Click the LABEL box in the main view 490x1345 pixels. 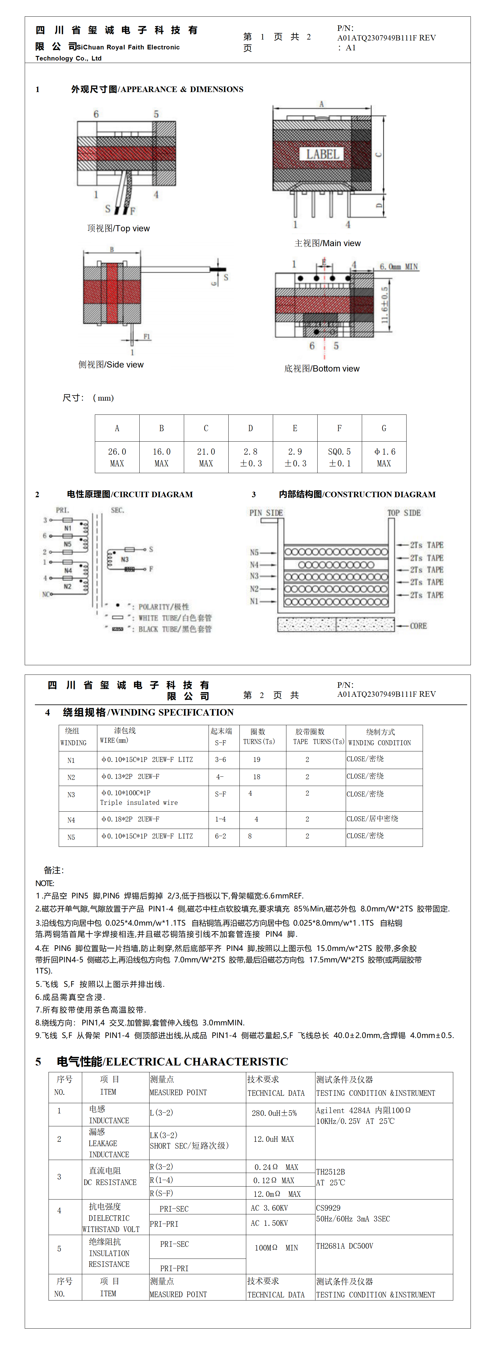(322, 154)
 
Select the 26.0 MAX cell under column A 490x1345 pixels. (117, 457)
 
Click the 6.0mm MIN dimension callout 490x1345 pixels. (399, 267)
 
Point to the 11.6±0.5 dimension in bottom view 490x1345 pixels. (384, 305)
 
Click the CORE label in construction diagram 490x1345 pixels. (418, 625)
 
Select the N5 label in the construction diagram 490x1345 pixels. (254, 552)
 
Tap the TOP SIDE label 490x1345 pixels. (404, 513)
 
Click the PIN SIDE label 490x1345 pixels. (266, 513)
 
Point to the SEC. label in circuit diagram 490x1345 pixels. (117, 510)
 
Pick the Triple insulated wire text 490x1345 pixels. (139, 802)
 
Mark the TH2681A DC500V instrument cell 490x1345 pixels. (344, 1246)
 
